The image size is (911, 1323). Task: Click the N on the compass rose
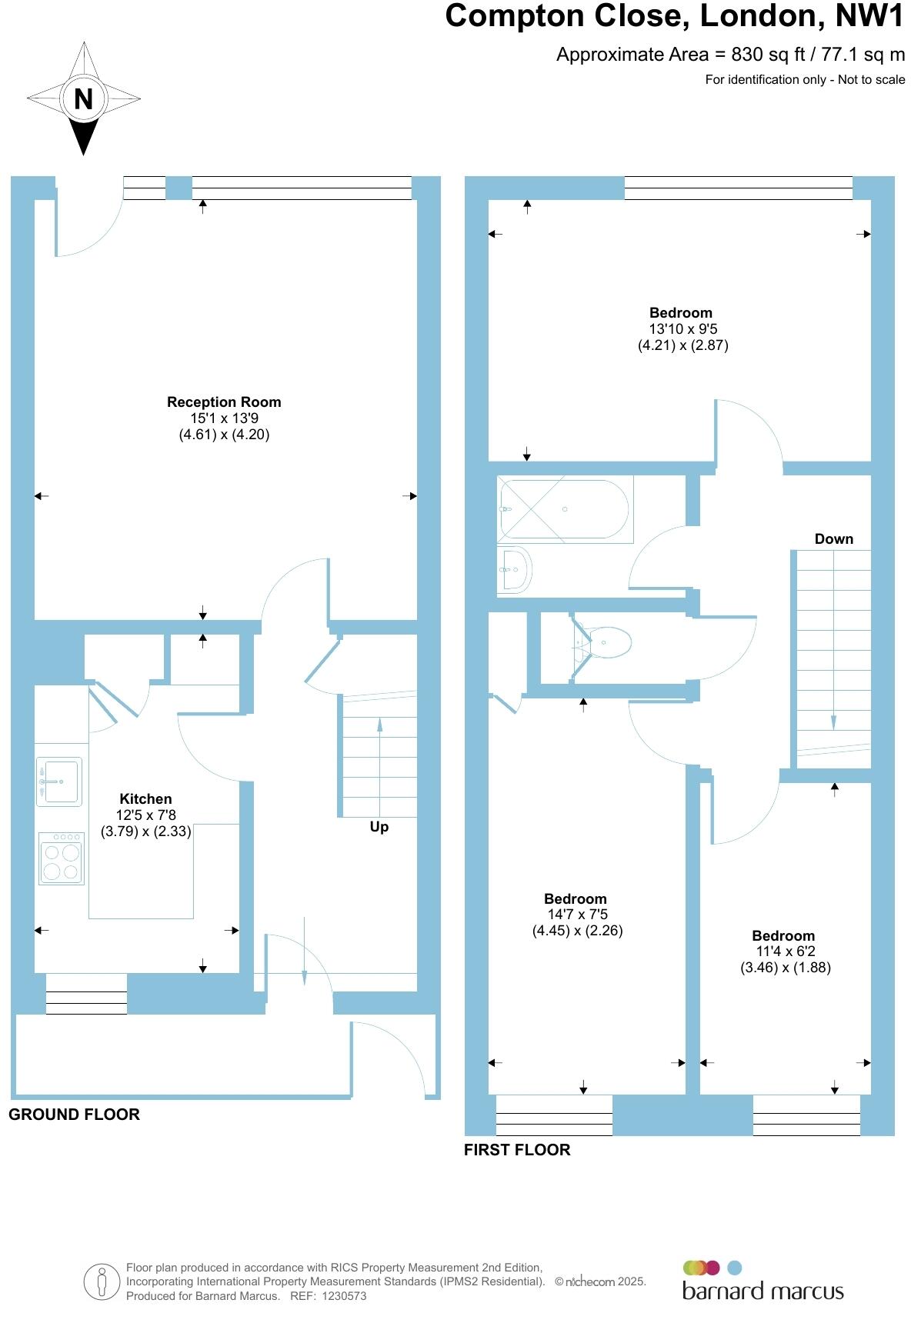83,98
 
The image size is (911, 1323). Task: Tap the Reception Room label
224,402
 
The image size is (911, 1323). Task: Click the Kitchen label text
145,798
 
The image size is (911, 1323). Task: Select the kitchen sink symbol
59,782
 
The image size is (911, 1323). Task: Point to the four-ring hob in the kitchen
62,858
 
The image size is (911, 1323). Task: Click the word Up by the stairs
379,827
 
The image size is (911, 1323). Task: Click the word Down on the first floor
833,539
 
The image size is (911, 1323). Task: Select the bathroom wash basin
514,569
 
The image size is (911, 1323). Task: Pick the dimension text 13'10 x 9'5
682,329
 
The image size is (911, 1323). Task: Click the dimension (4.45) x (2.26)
577,931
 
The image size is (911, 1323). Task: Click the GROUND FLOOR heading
74,1115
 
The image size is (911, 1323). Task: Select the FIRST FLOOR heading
517,1150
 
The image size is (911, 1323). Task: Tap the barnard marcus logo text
763,1291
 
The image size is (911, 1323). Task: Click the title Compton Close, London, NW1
675,16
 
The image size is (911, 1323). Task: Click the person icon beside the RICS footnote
102,1282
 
